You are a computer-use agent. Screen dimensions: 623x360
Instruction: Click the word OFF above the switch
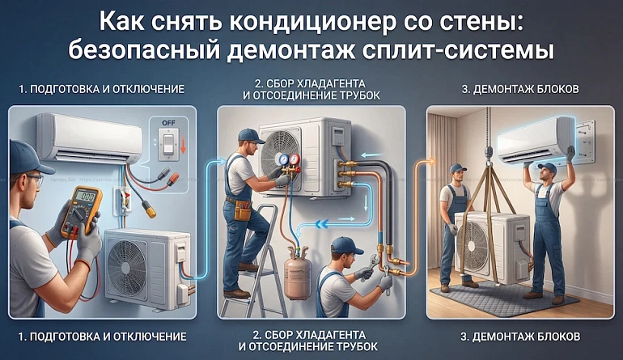click(168, 123)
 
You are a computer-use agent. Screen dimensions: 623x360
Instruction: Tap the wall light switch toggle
click(168, 144)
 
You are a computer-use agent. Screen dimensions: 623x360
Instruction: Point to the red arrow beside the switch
click(183, 145)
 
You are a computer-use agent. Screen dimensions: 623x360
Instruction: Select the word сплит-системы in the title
click(460, 51)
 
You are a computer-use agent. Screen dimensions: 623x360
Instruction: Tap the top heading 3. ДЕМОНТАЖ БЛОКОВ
click(520, 89)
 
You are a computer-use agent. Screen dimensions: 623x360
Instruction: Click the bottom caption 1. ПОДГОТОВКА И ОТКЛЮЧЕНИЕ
click(102, 337)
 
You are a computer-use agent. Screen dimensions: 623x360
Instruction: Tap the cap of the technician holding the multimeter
click(28, 158)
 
